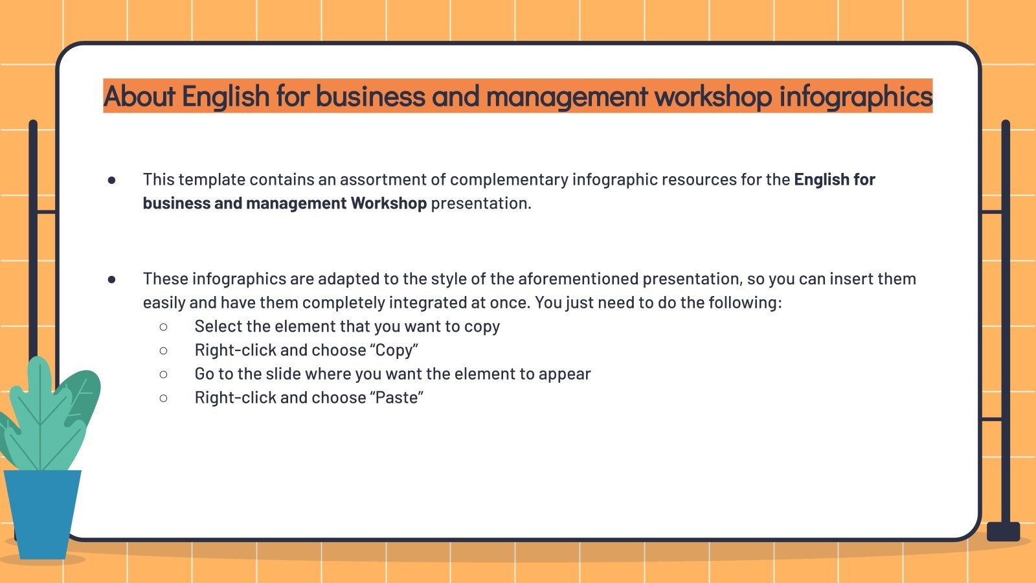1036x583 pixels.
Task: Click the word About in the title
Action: coord(139,97)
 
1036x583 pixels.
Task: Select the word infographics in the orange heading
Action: coord(855,97)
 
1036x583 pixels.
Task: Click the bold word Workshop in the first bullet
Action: coord(388,203)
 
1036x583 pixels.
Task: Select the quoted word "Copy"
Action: coord(394,350)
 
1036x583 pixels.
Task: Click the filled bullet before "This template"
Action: coord(111,180)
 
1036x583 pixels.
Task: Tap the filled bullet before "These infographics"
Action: coord(111,279)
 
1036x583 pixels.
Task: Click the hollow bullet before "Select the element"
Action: coord(163,327)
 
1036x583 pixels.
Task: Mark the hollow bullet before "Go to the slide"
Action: coord(163,374)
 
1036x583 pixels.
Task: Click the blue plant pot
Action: coord(42,512)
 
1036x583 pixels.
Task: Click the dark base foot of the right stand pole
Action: coord(1003,532)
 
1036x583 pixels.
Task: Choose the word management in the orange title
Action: coord(567,97)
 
